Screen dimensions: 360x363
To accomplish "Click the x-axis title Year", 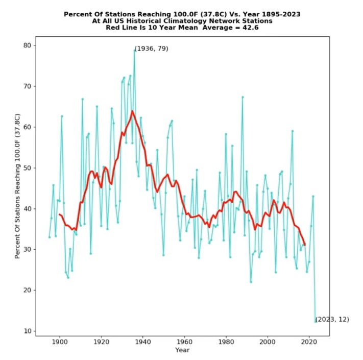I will point(182,350).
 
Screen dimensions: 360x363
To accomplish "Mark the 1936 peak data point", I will point(134,50).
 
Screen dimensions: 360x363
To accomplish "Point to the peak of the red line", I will point(132,111).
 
